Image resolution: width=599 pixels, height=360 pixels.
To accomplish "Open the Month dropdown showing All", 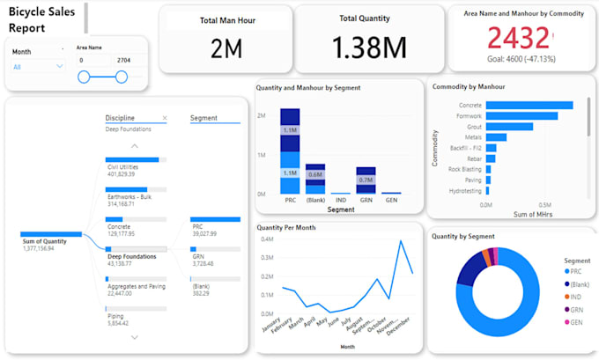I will tap(38, 66).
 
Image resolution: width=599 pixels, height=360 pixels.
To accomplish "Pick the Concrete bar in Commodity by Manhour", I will tap(529, 106).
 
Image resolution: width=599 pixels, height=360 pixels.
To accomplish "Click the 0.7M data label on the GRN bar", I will tap(366, 180).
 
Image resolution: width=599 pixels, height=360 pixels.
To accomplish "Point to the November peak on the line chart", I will tap(401, 241).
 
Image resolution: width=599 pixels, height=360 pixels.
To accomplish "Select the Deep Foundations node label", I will tap(132, 256).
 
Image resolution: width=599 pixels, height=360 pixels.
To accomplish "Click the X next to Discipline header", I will tap(165, 118).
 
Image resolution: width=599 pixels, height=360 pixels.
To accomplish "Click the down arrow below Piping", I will tap(135, 336).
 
